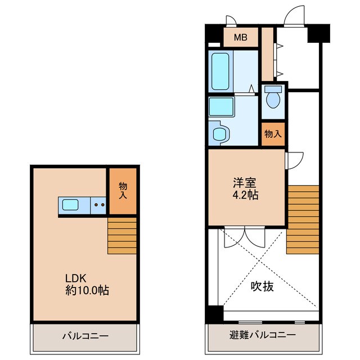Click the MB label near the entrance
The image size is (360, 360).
pos(240,39)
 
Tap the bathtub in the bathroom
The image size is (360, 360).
pos(220,71)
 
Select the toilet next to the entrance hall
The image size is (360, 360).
pos(273,99)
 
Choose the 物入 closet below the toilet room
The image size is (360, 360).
pos(273,134)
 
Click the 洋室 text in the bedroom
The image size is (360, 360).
pos(245,183)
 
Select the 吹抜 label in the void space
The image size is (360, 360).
pos(262,286)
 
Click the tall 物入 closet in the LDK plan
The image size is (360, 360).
pos(122,191)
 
